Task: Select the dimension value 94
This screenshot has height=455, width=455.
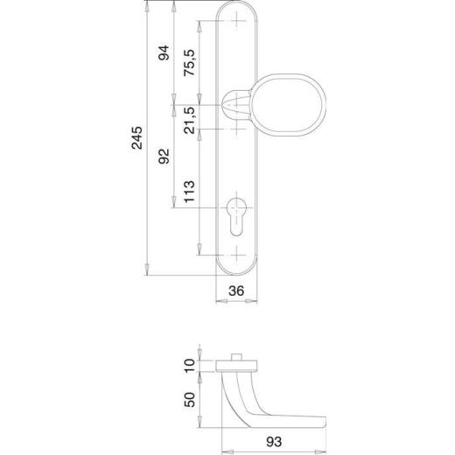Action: tap(162, 54)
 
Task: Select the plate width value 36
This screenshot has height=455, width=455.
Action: tap(234, 293)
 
